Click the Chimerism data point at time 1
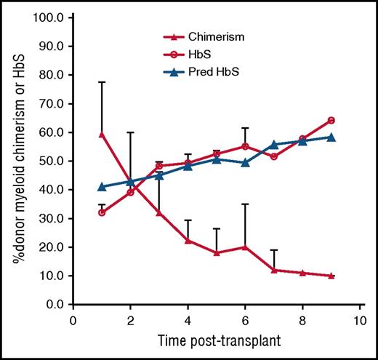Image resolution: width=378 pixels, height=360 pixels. pyautogui.click(x=102, y=135)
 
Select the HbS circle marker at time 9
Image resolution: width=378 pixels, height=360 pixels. pyautogui.click(x=331, y=120)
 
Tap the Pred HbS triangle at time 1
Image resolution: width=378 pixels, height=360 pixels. pyautogui.click(x=102, y=186)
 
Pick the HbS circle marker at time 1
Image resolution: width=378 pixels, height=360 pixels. pyautogui.click(x=102, y=212)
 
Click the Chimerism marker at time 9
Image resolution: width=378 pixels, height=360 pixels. pyautogui.click(x=331, y=276)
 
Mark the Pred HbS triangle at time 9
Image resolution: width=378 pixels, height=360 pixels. pyautogui.click(x=331, y=137)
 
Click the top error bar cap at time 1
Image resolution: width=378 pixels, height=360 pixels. pyautogui.click(x=102, y=82)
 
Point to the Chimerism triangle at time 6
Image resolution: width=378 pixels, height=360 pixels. pyautogui.click(x=246, y=247)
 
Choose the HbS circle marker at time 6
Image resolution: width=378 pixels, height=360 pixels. pyautogui.click(x=246, y=146)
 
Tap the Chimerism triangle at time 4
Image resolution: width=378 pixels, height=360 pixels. pyautogui.click(x=188, y=240)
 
